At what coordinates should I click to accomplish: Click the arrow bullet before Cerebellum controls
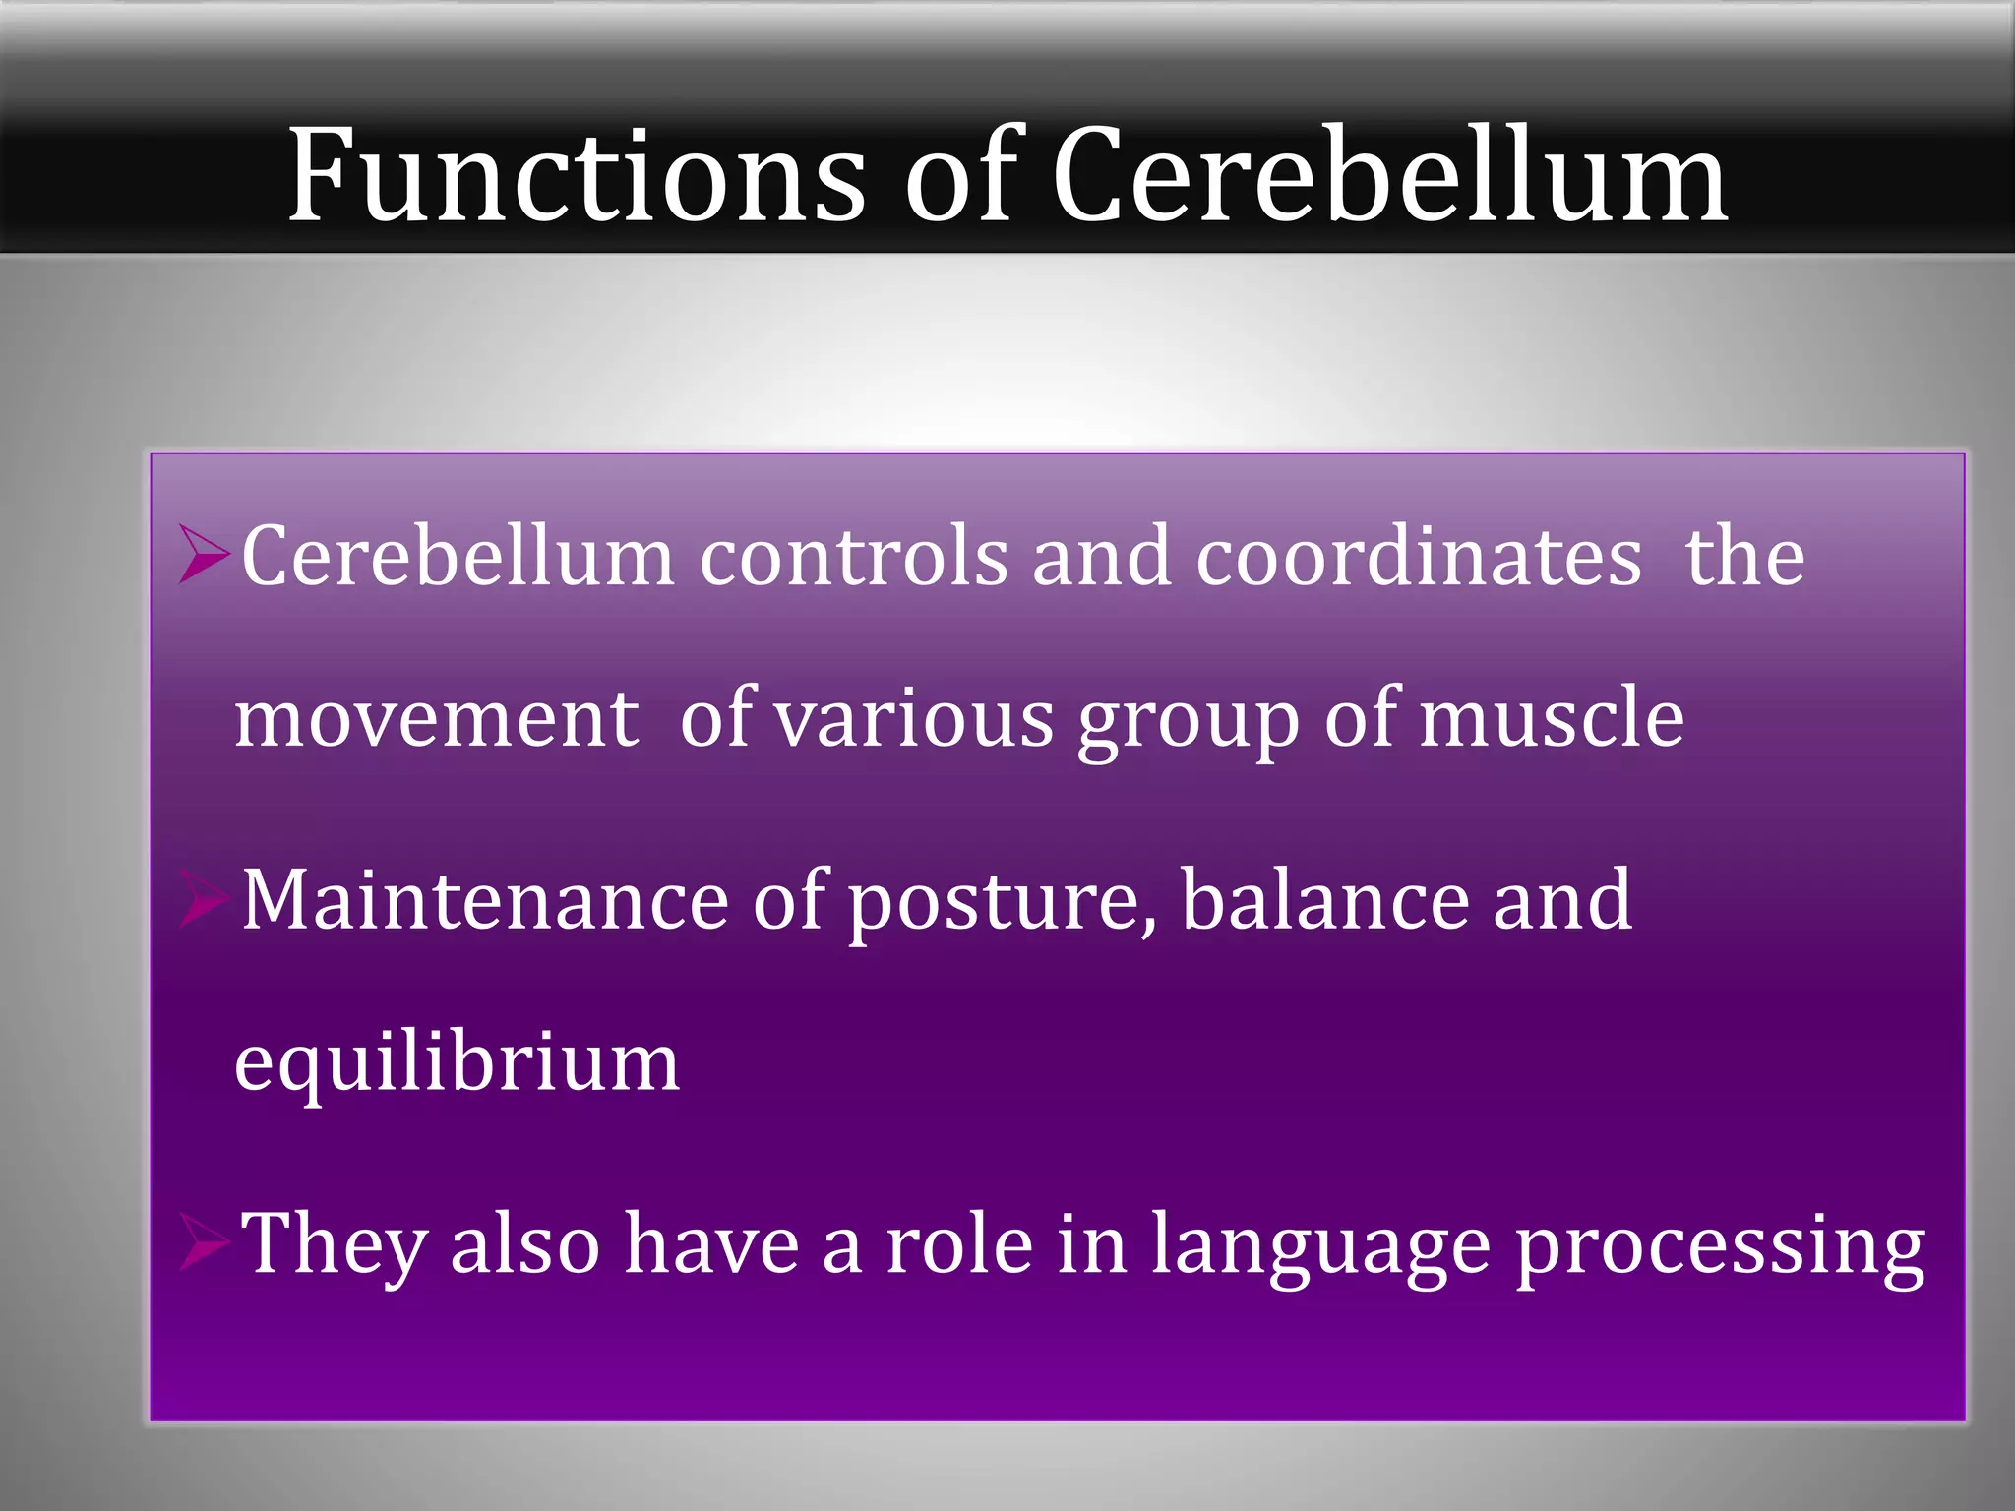205,556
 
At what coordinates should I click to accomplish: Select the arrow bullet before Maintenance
205,900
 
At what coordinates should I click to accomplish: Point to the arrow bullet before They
205,1244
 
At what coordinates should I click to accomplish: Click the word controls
853,558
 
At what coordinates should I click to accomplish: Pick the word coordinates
1418,558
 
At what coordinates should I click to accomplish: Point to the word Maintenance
485,900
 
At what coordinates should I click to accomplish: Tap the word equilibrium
457,1065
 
